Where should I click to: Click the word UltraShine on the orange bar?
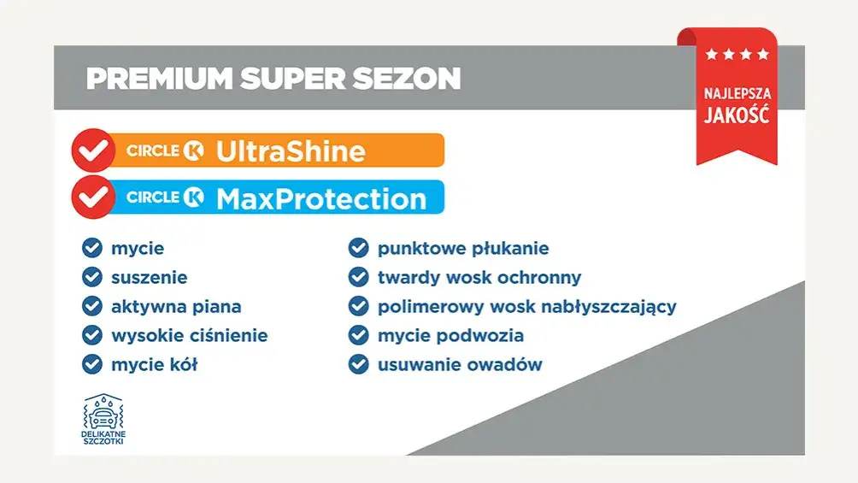[291, 151]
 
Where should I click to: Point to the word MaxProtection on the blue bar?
[320, 198]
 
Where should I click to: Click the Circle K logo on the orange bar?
[166, 151]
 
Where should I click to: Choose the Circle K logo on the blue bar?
[166, 197]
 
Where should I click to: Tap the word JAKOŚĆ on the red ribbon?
[736, 115]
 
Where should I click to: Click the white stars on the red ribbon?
[737, 55]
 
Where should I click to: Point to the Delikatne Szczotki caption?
[103, 440]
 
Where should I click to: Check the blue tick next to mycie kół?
[92, 364]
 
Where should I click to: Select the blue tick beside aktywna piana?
[92, 306]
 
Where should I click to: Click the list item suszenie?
[149, 277]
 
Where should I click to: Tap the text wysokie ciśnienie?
[189, 335]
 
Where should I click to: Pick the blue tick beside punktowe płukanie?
[358, 249]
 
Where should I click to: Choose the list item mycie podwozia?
[450, 335]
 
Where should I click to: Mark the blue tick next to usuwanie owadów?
[358, 364]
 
